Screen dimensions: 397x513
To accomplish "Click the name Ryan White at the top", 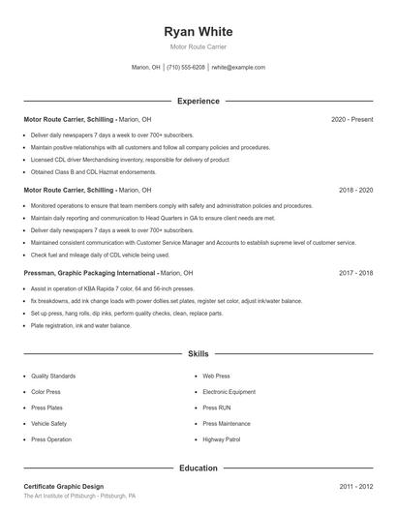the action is coord(198,32).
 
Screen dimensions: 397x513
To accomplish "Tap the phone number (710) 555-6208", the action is coord(186,68).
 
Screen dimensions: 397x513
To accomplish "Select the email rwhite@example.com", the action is coord(238,68).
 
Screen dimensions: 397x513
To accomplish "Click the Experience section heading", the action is coord(198,101).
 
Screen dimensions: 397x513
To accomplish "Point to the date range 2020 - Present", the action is coord(351,119).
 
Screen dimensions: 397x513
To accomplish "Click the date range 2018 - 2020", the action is coord(355,191).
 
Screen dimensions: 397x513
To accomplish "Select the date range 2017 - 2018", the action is coord(355,273).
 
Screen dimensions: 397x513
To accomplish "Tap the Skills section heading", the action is coord(198,355).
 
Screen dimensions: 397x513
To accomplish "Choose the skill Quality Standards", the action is coord(52,375).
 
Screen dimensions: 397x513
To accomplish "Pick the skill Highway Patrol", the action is coord(223,439).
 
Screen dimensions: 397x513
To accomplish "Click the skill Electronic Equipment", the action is coord(229,391).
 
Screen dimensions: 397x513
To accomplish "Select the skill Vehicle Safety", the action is coord(48,423).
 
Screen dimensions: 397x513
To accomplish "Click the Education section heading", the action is coord(198,468).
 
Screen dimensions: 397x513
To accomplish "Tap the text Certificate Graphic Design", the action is coord(63,486).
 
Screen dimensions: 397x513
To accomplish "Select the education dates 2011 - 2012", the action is coord(355,486).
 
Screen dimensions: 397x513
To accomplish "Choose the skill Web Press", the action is coord(216,375).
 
